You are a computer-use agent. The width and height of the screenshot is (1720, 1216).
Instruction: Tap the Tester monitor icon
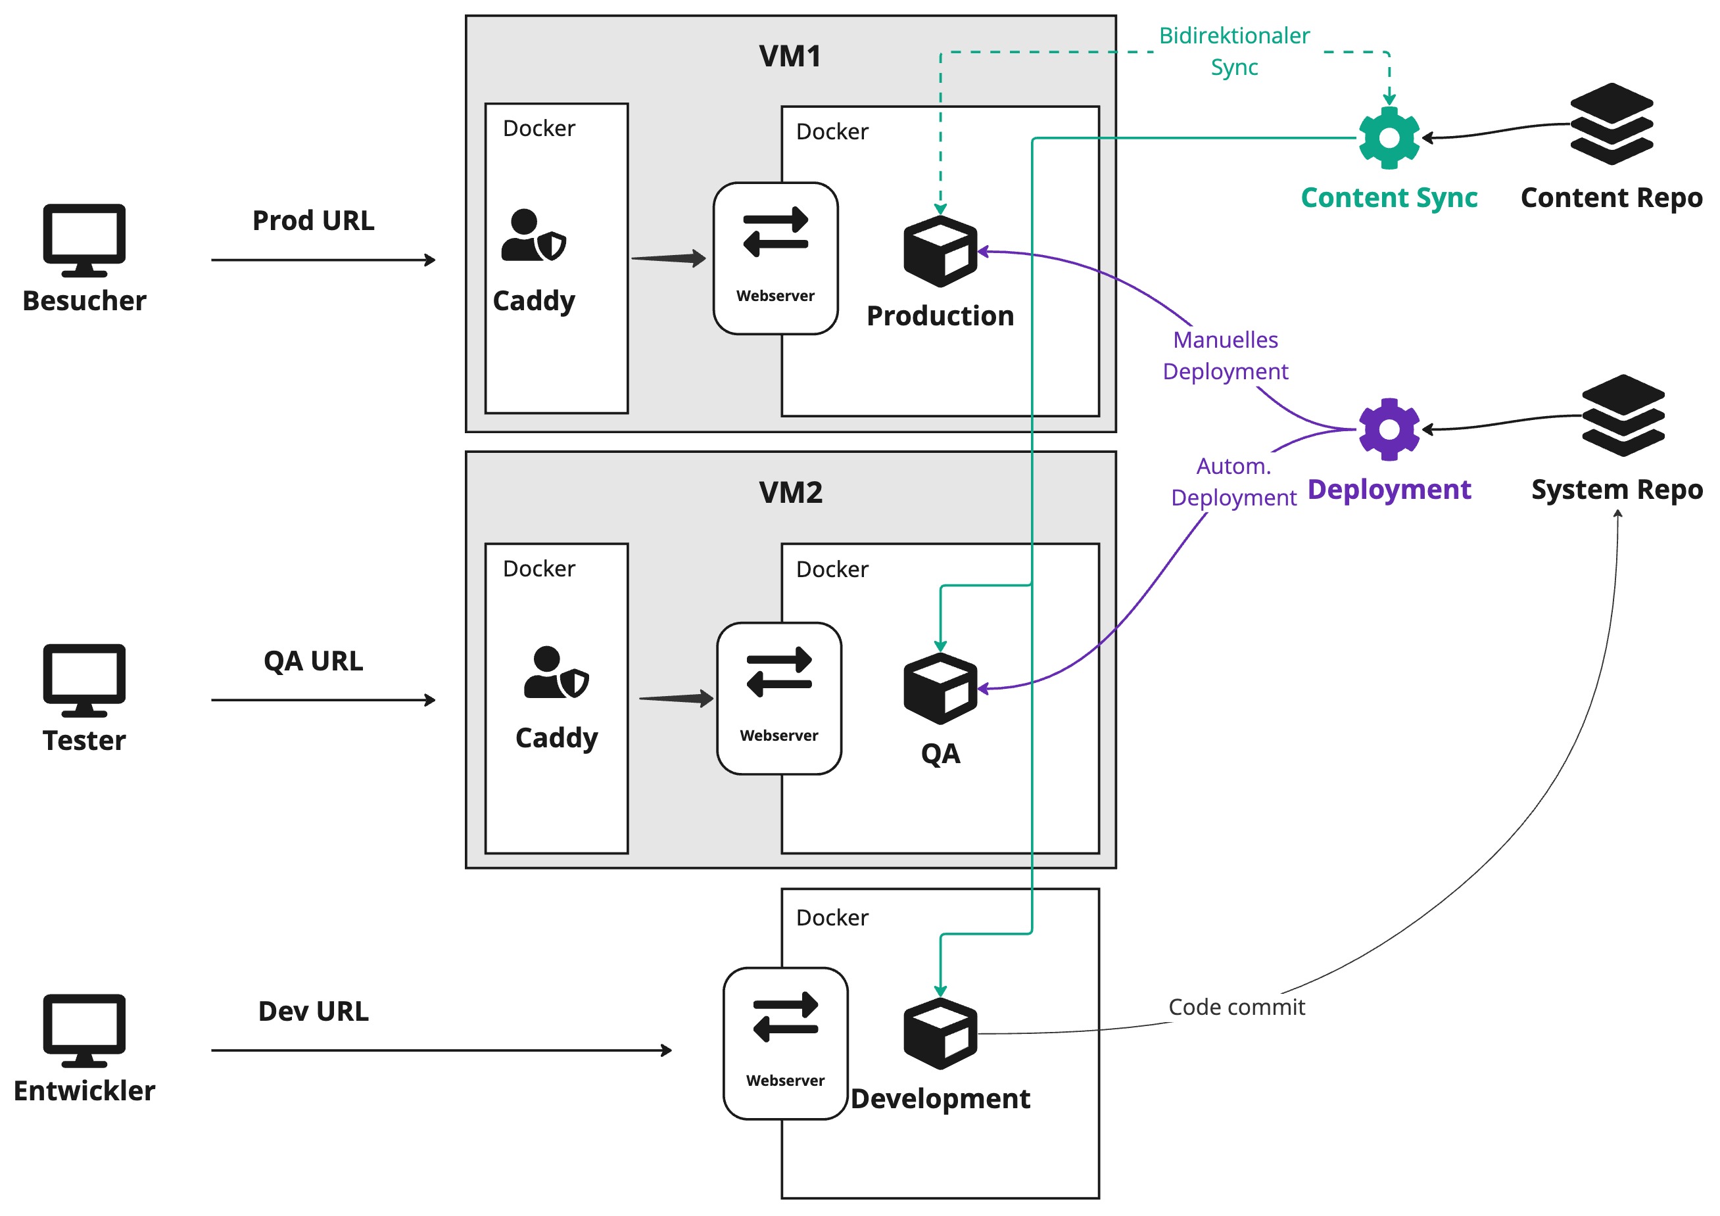pyautogui.click(x=84, y=679)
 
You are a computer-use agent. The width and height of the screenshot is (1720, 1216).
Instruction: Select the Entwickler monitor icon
pyautogui.click(x=84, y=1029)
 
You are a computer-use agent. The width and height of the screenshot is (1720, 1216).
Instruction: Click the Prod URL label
pyautogui.click(x=313, y=221)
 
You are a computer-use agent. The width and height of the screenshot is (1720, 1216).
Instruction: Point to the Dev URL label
pyautogui.click(x=313, y=1011)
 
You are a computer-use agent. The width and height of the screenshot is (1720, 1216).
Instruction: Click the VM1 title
pyautogui.click(x=790, y=56)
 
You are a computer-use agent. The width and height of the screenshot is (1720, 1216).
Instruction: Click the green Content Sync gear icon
pyautogui.click(x=1388, y=138)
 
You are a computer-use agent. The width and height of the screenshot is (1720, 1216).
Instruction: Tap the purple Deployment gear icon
pyautogui.click(x=1388, y=429)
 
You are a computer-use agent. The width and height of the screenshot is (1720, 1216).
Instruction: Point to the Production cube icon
pyautogui.click(x=940, y=251)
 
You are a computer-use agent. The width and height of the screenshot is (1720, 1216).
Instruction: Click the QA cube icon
pyautogui.click(x=940, y=688)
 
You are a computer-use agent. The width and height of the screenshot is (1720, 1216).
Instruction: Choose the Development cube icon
pyautogui.click(x=940, y=1033)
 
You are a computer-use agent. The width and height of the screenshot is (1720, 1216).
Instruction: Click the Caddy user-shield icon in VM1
pyautogui.click(x=533, y=235)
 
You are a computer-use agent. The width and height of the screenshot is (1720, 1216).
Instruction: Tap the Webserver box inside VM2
pyautogui.click(x=778, y=698)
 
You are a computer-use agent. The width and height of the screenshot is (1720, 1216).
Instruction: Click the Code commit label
pyautogui.click(x=1236, y=1007)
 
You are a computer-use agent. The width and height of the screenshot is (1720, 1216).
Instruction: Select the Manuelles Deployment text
pyautogui.click(x=1225, y=356)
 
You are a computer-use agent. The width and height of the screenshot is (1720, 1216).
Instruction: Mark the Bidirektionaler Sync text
pyautogui.click(x=1234, y=51)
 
